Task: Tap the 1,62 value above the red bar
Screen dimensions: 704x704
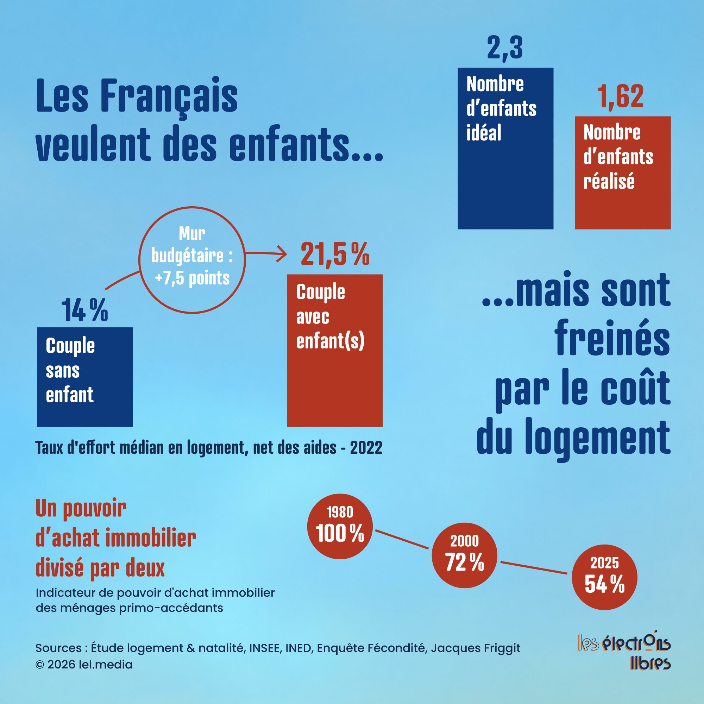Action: click(620, 96)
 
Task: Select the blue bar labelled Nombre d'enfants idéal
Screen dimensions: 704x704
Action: click(505, 175)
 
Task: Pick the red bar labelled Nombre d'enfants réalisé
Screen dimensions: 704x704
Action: click(622, 204)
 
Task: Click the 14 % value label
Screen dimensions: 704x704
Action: click(84, 310)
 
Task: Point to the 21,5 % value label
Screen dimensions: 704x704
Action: click(335, 254)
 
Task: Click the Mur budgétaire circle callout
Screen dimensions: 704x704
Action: click(192, 260)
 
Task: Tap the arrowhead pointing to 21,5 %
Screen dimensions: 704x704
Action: click(283, 253)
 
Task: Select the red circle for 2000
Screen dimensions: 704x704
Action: click(464, 555)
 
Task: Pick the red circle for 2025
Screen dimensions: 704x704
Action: click(604, 577)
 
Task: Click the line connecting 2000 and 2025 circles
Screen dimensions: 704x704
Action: click(534, 568)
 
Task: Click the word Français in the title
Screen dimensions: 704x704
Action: click(168, 96)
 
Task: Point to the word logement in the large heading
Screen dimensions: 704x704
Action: click(597, 437)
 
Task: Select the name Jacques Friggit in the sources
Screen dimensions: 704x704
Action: click(476, 648)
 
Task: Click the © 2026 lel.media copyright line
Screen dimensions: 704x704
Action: click(84, 664)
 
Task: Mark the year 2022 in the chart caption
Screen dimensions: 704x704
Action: click(366, 447)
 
